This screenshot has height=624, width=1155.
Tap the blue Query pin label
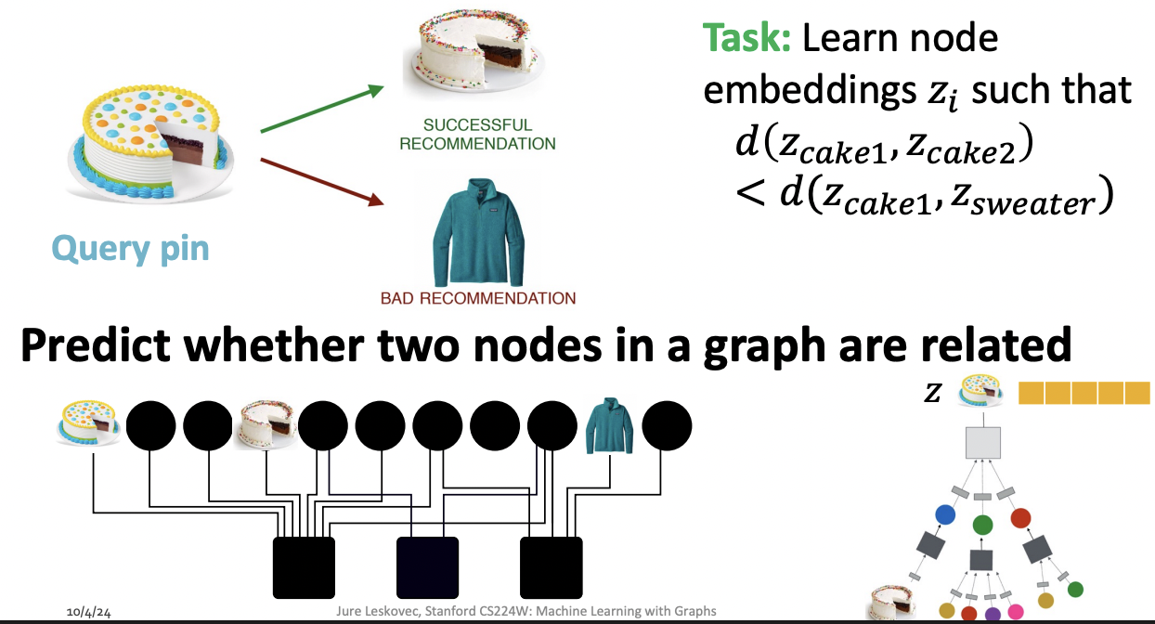tap(131, 248)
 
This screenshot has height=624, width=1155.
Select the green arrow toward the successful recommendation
tap(321, 109)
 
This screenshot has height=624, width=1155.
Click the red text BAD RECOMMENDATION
tap(478, 298)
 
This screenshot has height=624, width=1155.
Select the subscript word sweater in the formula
tap(1050, 203)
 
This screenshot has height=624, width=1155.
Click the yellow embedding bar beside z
tap(1084, 394)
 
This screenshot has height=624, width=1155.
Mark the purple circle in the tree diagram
tap(992, 613)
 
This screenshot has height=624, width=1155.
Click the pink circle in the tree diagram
tap(1015, 612)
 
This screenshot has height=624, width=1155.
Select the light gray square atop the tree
tap(982, 443)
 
